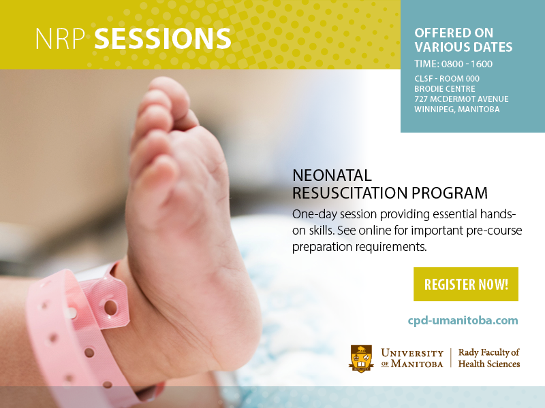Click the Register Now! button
tap(466, 284)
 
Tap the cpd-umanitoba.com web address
tap(463, 320)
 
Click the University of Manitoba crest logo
tap(361, 358)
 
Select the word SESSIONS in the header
tap(163, 39)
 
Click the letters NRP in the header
tap(61, 39)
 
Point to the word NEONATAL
tap(332, 175)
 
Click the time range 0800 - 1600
tap(467, 64)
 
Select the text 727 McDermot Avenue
tap(461, 99)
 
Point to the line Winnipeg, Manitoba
tap(456, 109)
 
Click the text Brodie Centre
tap(445, 89)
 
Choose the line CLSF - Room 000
tap(447, 79)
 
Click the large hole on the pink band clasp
tap(110, 308)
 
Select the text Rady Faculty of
tap(488, 353)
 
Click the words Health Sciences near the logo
tap(489, 364)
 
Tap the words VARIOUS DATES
tap(463, 47)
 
